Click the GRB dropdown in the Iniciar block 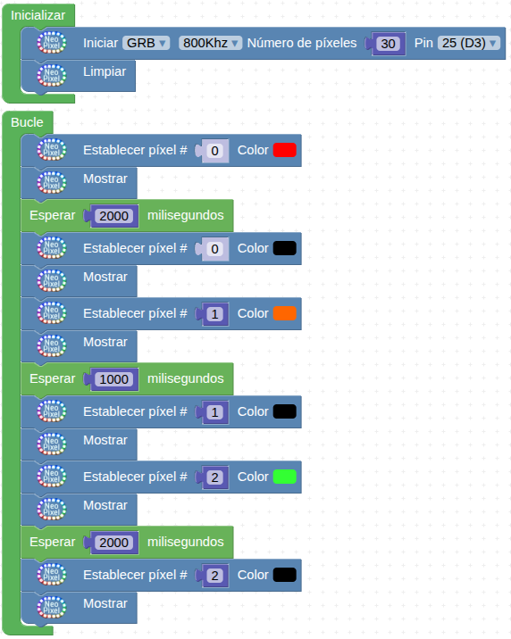click(146, 43)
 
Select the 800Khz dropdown click(210, 43)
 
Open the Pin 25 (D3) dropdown click(469, 43)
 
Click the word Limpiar click(105, 71)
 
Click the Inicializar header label click(38, 15)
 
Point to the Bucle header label click(27, 122)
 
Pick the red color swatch click(285, 150)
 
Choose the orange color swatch click(285, 313)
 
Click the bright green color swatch click(285, 477)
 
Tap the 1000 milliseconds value click(113, 379)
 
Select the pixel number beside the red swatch click(215, 151)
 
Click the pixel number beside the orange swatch click(215, 314)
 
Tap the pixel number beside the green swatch click(215, 477)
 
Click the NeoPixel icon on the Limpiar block click(52, 75)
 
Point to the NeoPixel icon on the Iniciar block click(52, 43)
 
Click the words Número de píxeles click(302, 43)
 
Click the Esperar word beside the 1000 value click(52, 378)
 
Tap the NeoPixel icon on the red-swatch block click(52, 150)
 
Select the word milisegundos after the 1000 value click(186, 378)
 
